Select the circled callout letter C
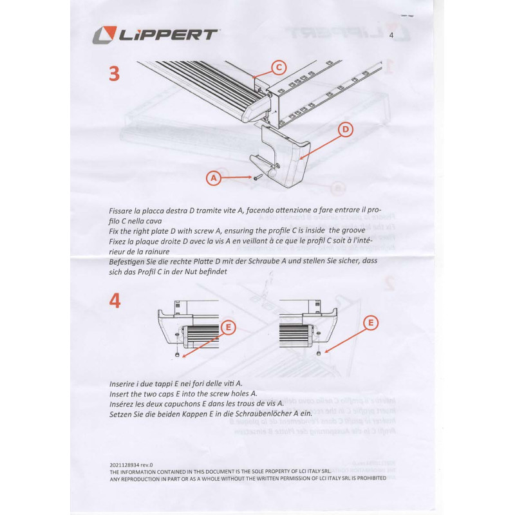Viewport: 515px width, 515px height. [277, 66]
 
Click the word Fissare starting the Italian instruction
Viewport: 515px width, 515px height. [124, 211]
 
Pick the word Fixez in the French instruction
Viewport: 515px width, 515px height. [120, 239]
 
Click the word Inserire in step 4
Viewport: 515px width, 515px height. [125, 384]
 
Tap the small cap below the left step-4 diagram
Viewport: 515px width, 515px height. [177, 353]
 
